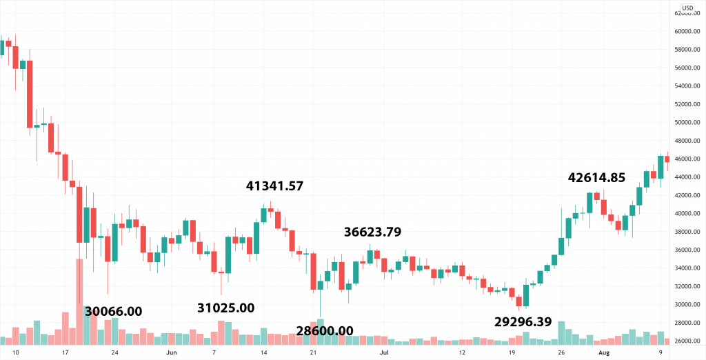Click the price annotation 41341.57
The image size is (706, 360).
click(274, 186)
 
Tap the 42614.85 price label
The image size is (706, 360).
click(596, 177)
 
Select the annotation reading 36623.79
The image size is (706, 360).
click(373, 232)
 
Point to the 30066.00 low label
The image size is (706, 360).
click(114, 311)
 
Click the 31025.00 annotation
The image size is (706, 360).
click(226, 308)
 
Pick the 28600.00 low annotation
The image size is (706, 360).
click(325, 331)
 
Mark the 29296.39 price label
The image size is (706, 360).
click(523, 321)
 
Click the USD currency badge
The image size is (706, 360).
click(687, 8)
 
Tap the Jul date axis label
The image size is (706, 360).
click(383, 352)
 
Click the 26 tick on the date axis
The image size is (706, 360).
click(561, 352)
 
